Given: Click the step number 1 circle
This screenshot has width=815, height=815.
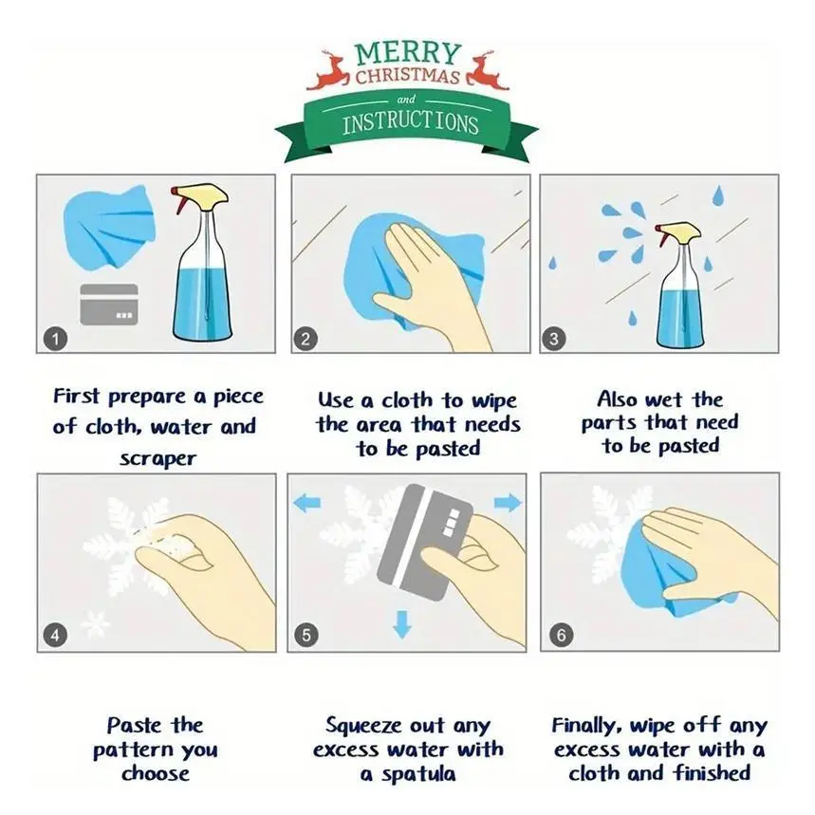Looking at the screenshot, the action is pyautogui.click(x=55, y=340).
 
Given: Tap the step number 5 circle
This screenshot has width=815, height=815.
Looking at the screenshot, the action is pyautogui.click(x=306, y=635).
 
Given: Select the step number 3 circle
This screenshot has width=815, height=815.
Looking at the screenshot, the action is pyautogui.click(x=553, y=340).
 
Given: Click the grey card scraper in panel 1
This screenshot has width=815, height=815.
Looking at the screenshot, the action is pyautogui.click(x=108, y=304).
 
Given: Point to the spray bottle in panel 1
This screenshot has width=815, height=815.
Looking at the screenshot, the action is pyautogui.click(x=202, y=264).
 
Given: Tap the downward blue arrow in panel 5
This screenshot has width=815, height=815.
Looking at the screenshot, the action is pyautogui.click(x=402, y=624).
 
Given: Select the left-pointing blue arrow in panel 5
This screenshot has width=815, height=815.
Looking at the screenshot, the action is pyautogui.click(x=307, y=503).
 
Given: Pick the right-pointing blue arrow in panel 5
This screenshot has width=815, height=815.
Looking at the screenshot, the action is pyautogui.click(x=508, y=503).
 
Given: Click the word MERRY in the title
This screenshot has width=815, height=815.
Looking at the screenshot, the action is pyautogui.click(x=408, y=54).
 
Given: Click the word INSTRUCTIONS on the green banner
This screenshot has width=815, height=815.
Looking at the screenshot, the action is pyautogui.click(x=410, y=122).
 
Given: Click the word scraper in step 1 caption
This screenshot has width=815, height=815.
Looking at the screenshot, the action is pyautogui.click(x=158, y=459).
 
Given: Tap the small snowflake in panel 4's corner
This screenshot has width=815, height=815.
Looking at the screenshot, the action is pyautogui.click(x=95, y=622).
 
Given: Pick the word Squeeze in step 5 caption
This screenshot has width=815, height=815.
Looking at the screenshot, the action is pyautogui.click(x=362, y=726).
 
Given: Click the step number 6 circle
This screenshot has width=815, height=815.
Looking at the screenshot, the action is pyautogui.click(x=561, y=635).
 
